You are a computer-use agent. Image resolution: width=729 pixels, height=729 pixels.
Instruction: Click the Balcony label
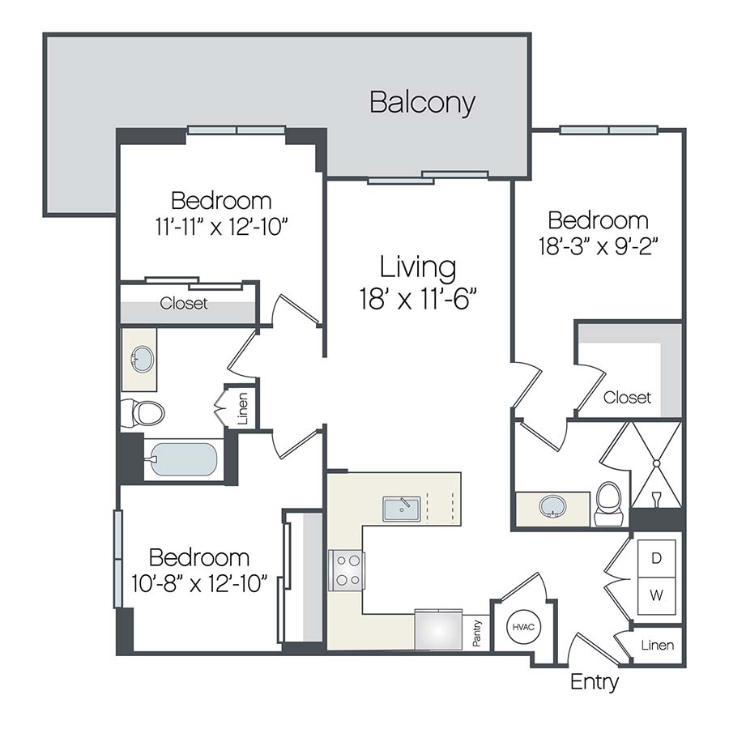pyautogui.click(x=422, y=103)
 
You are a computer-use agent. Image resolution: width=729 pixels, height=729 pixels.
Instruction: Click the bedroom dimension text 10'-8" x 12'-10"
pyautogui.click(x=199, y=584)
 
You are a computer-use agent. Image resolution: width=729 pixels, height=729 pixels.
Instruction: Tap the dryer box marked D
pyautogui.click(x=656, y=557)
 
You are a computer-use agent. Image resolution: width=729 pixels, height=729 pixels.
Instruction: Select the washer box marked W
pyautogui.click(x=656, y=596)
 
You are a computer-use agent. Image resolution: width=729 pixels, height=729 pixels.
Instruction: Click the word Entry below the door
pyautogui.click(x=595, y=682)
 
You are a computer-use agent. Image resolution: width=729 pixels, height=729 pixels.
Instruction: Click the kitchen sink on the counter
pyautogui.click(x=401, y=509)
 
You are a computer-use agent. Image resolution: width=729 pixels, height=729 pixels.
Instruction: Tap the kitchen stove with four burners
pyautogui.click(x=347, y=569)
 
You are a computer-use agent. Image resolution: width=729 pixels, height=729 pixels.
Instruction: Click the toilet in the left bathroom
pyautogui.click(x=144, y=413)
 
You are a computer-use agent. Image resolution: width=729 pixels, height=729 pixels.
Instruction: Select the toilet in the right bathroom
pyautogui.click(x=607, y=503)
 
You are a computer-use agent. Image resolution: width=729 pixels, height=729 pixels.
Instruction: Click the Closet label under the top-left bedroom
pyautogui.click(x=184, y=304)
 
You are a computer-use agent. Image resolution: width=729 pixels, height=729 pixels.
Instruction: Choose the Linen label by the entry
pyautogui.click(x=657, y=646)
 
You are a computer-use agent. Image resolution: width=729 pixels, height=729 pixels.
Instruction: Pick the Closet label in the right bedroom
pyautogui.click(x=627, y=398)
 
